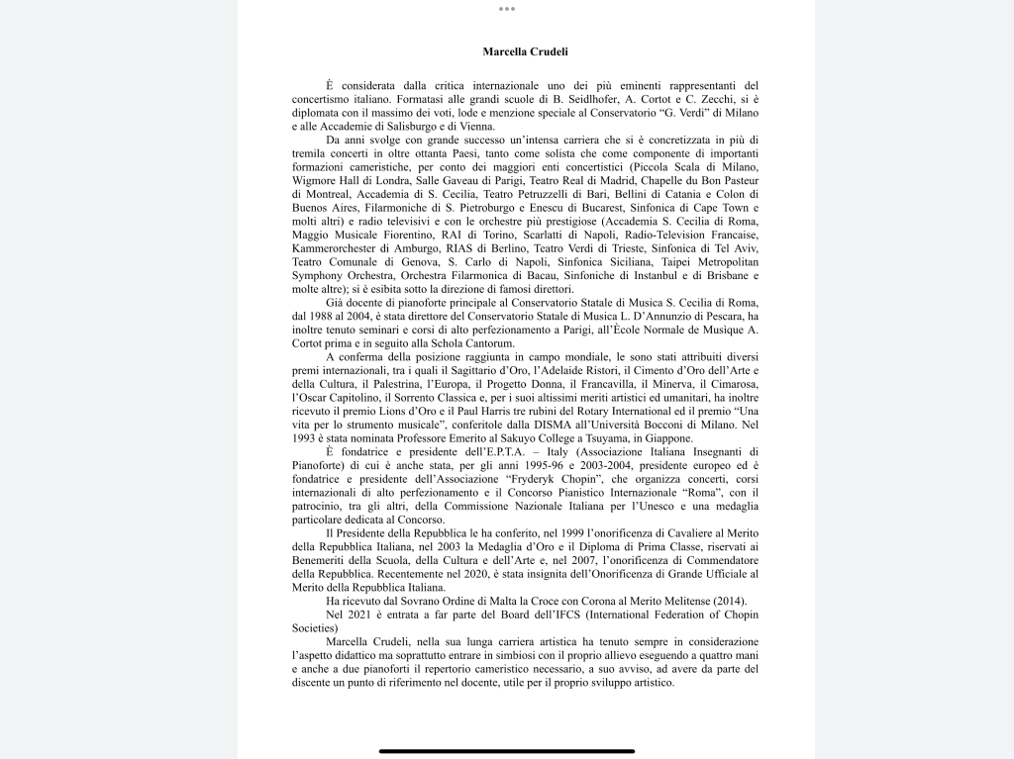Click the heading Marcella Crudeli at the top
coord(525,51)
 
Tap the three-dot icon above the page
coord(507,9)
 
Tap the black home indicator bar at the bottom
coord(507,750)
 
